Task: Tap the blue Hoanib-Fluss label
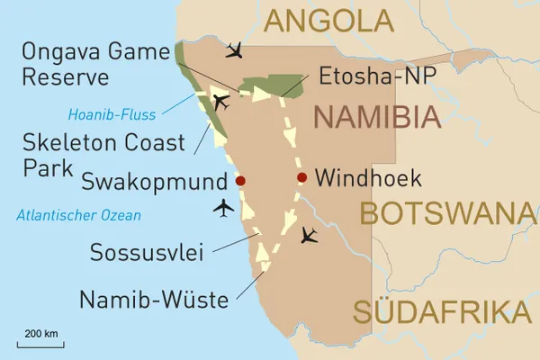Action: tap(112, 114)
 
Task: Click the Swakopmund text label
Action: tap(152, 182)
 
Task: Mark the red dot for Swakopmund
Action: tap(239, 181)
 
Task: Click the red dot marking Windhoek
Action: tap(301, 177)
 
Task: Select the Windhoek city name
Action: tap(369, 178)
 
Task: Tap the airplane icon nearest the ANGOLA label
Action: tap(236, 49)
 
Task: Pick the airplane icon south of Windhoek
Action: tap(309, 236)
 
